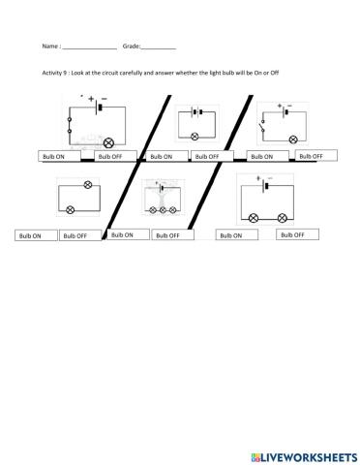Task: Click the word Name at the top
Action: point(50,46)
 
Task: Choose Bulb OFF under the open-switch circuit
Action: point(315,155)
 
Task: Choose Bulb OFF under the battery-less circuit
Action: point(80,235)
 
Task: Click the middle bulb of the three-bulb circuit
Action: point(161,208)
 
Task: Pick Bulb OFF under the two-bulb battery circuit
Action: point(296,234)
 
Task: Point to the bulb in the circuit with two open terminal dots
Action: point(107,139)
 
